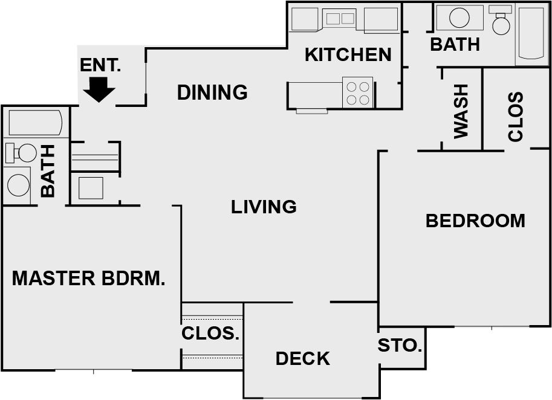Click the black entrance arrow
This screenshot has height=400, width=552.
[x=99, y=89]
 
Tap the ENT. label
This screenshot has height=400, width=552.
[x=100, y=65]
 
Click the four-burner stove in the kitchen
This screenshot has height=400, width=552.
[x=358, y=92]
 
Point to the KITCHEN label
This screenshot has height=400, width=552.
[x=348, y=54]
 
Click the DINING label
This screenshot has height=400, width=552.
[x=212, y=92]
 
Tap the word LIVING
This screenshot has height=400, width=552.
[x=264, y=207]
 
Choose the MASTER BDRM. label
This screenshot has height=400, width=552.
[x=89, y=278]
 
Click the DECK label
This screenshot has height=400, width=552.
[x=303, y=358]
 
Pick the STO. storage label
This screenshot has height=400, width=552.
[x=400, y=346]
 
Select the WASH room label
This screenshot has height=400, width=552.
[x=461, y=111]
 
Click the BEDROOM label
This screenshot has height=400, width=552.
[x=475, y=221]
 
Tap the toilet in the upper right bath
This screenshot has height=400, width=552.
[x=501, y=20]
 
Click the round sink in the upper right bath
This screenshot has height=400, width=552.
[x=459, y=18]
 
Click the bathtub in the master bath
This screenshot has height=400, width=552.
[x=35, y=123]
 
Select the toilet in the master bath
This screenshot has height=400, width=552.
[x=21, y=153]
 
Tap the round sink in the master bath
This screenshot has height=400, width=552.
[x=18, y=185]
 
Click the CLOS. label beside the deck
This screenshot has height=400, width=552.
[x=210, y=333]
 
